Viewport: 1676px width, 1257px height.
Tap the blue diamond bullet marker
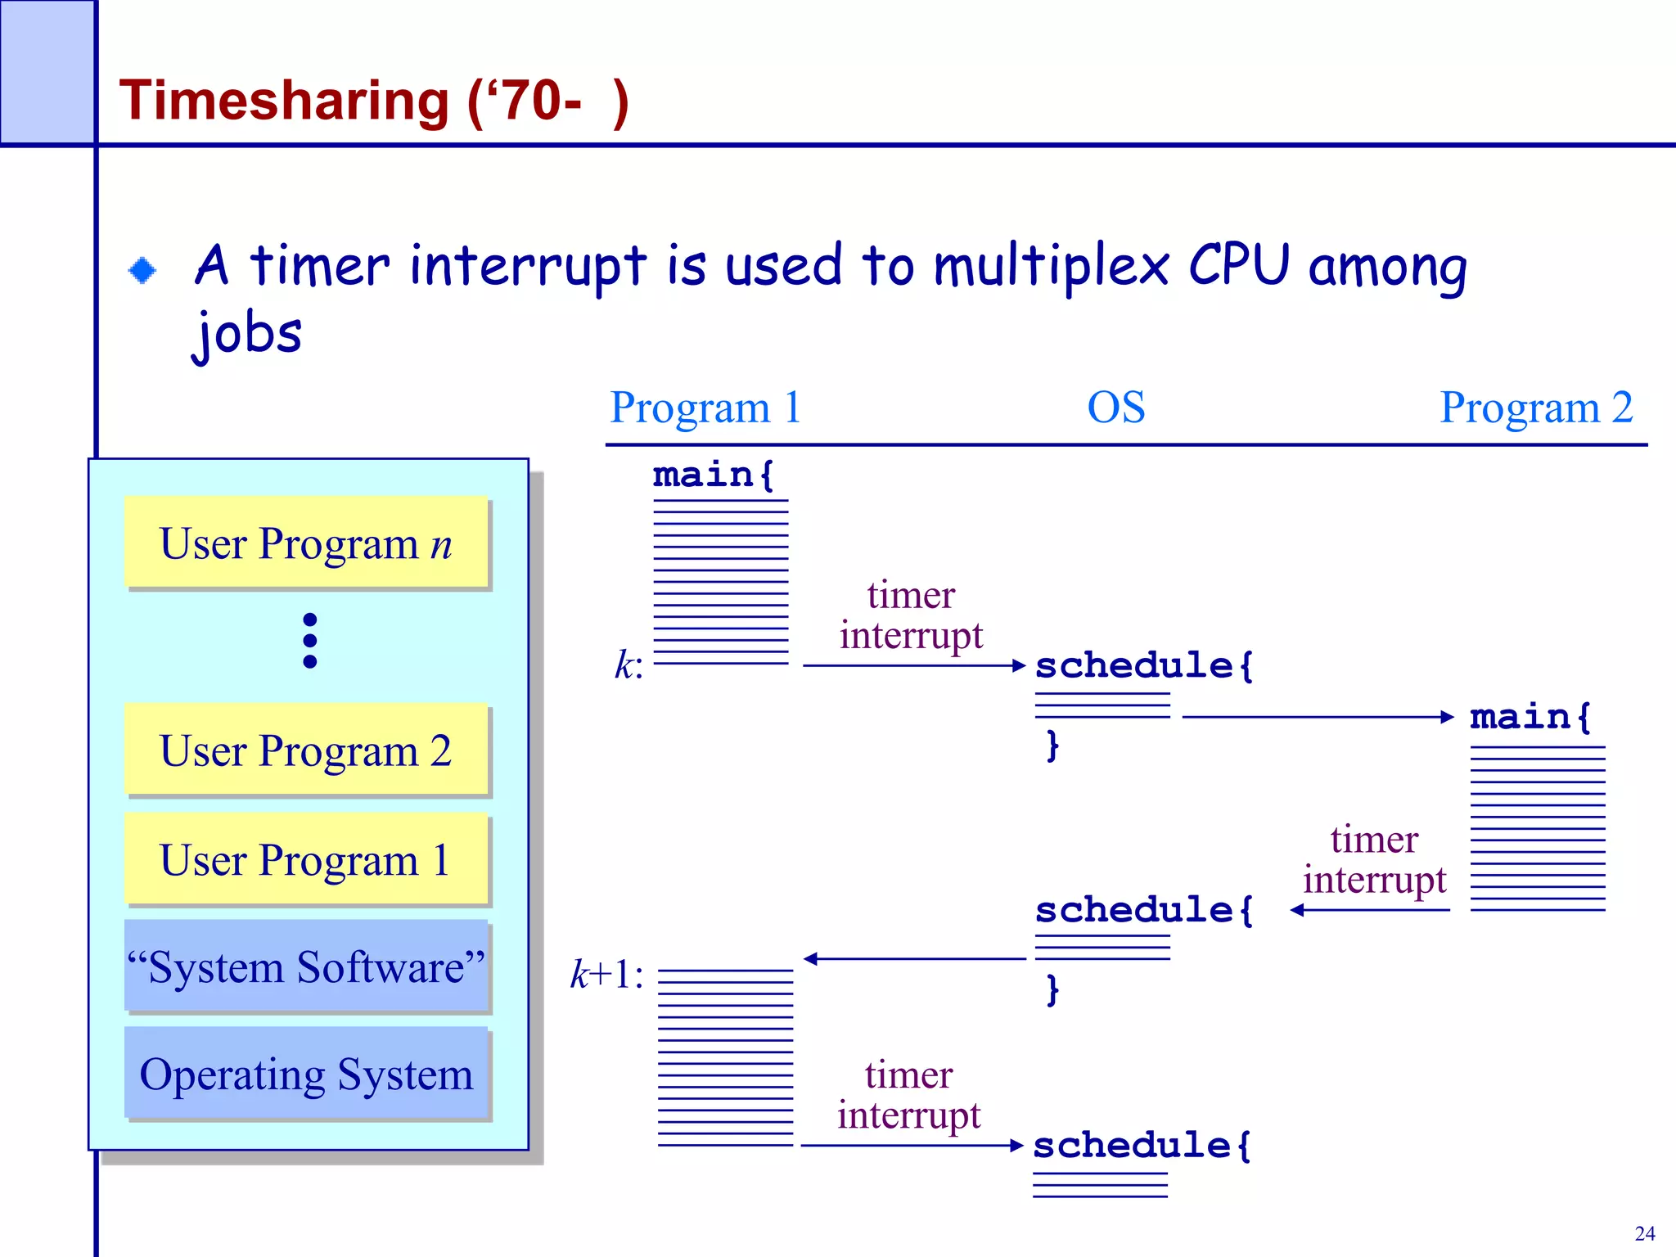(142, 270)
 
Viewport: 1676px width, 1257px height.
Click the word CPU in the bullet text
(1238, 266)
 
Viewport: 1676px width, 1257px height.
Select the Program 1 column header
(705, 408)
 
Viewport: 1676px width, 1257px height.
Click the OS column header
(1115, 408)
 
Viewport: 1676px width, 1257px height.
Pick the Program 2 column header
(1535, 408)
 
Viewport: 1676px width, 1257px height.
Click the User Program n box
(306, 543)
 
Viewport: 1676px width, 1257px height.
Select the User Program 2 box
(306, 750)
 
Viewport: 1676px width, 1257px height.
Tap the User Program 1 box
(306, 859)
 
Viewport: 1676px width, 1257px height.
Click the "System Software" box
(306, 966)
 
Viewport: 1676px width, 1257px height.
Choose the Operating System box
(306, 1074)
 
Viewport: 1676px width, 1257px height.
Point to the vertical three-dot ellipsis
(309, 641)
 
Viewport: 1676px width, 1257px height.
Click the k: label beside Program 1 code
(628, 665)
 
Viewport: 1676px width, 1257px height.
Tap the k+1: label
(606, 975)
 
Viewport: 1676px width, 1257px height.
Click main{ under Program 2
(1529, 717)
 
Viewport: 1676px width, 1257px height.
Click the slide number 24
(1644, 1233)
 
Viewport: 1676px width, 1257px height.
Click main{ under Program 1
(713, 475)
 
